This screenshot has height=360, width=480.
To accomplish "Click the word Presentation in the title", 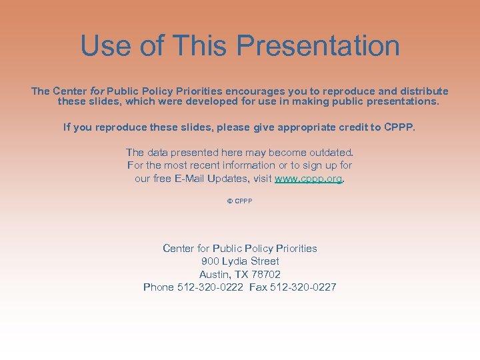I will click(x=318, y=46).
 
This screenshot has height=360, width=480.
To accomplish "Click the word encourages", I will click(x=257, y=91).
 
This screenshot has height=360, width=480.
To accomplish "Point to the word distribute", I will click(x=424, y=91).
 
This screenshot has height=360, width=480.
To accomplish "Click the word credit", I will click(x=351, y=127).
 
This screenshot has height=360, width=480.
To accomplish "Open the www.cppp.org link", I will click(x=309, y=179).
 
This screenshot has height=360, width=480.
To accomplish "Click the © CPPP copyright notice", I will click(x=239, y=201).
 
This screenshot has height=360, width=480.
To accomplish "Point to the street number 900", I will click(x=210, y=261).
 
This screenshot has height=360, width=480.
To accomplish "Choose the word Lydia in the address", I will click(x=235, y=261).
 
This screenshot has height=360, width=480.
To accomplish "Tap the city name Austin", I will click(x=213, y=274).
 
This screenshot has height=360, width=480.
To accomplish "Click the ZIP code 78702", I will click(x=265, y=274).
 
